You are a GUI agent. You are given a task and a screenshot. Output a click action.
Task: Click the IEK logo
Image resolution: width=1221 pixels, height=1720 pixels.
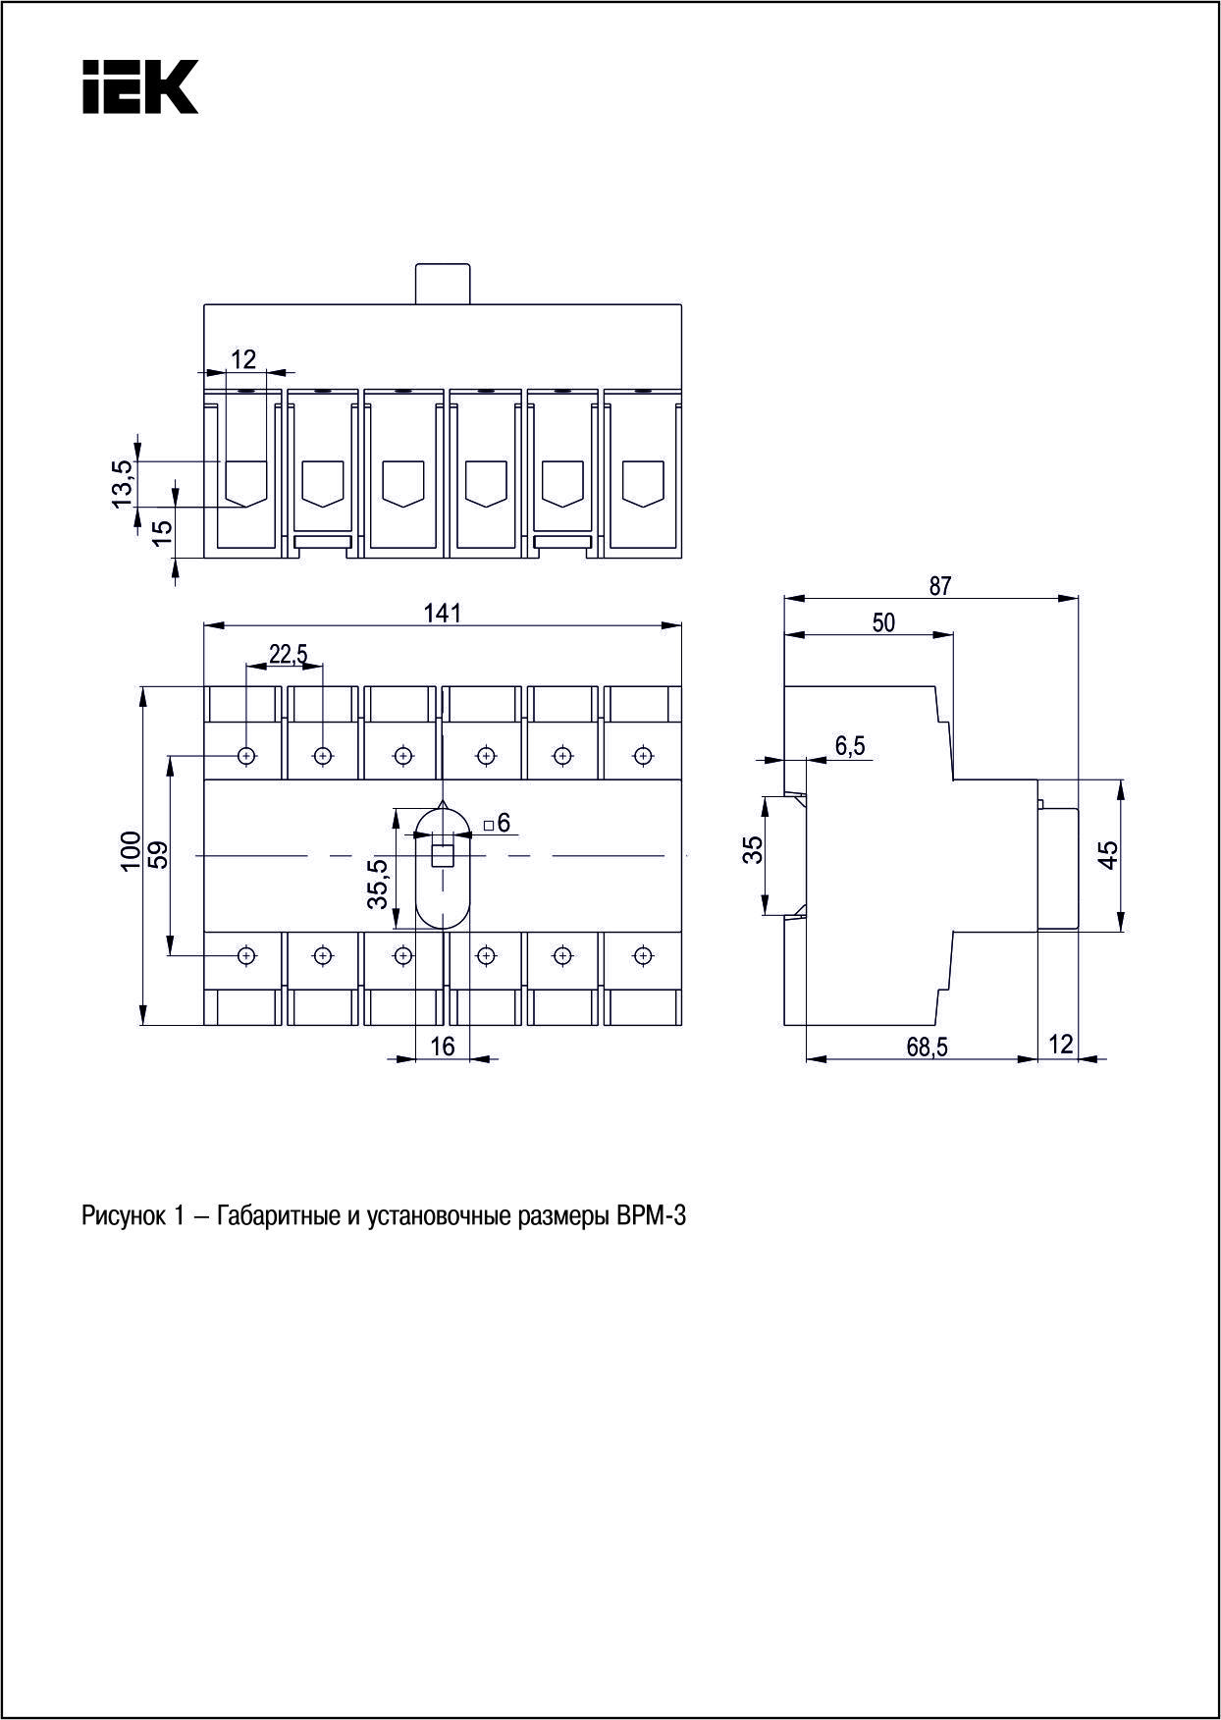140,86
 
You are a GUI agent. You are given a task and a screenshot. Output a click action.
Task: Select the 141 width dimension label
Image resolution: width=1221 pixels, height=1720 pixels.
443,613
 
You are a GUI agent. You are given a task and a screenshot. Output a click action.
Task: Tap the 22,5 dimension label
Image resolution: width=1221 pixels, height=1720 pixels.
289,654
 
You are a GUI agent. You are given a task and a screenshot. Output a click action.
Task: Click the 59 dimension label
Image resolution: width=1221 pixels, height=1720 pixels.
159,854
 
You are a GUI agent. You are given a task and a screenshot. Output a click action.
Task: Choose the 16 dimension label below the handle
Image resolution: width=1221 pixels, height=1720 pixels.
444,1047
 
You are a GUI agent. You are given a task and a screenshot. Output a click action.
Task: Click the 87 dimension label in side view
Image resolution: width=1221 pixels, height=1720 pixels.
940,586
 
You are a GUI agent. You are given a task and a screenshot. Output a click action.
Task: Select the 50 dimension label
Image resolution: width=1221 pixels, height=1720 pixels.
883,622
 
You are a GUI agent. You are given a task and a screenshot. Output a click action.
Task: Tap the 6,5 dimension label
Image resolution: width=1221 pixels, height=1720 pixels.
850,746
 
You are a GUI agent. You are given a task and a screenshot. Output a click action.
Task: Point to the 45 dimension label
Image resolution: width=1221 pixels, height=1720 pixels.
1108,854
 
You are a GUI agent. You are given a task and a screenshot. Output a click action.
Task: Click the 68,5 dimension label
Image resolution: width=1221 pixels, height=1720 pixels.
927,1048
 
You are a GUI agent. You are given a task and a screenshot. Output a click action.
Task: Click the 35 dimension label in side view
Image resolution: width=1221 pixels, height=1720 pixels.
752,849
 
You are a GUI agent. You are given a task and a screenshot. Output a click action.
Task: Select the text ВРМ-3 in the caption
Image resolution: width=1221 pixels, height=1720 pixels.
650,1217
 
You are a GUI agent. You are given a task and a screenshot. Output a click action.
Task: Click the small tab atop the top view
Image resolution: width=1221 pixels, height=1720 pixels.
443,284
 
